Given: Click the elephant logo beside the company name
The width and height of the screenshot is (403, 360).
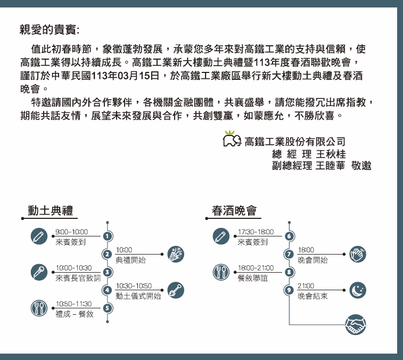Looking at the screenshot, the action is point(232,139).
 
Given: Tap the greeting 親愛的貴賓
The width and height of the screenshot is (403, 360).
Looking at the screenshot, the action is point(48,30).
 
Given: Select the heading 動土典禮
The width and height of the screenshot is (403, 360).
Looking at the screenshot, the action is point(51,210).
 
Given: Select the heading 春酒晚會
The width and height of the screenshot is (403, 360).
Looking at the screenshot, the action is point(234,210).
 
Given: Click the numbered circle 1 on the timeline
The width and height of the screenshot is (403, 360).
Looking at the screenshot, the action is point(108,236).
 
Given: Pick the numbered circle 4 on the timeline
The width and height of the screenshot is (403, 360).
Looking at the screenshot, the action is point(107,290).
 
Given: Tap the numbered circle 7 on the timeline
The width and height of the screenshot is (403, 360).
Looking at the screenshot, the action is point(289,254).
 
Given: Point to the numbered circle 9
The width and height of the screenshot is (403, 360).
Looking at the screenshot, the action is point(289,290).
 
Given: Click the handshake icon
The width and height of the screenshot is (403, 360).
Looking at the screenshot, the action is point(356,324).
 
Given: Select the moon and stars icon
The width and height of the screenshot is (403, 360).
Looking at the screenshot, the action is point(358,290).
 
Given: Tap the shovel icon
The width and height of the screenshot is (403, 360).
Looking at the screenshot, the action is point(176,290).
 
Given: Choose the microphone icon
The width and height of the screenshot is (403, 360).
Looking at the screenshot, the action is point(39,272).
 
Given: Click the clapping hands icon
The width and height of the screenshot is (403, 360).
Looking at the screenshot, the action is point(358,255).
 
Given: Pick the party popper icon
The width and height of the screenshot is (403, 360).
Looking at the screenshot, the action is point(176,255).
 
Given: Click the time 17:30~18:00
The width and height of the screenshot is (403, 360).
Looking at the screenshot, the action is point(256,232).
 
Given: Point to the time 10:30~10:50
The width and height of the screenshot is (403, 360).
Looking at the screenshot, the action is point(134,286).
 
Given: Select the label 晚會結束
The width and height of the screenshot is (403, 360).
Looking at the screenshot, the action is point(313,296).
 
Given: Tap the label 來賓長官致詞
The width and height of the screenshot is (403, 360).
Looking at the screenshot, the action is point(78,278).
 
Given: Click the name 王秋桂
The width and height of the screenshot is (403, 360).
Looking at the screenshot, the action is point(331,154).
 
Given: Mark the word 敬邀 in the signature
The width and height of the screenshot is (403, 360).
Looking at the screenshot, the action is point(361,166).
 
